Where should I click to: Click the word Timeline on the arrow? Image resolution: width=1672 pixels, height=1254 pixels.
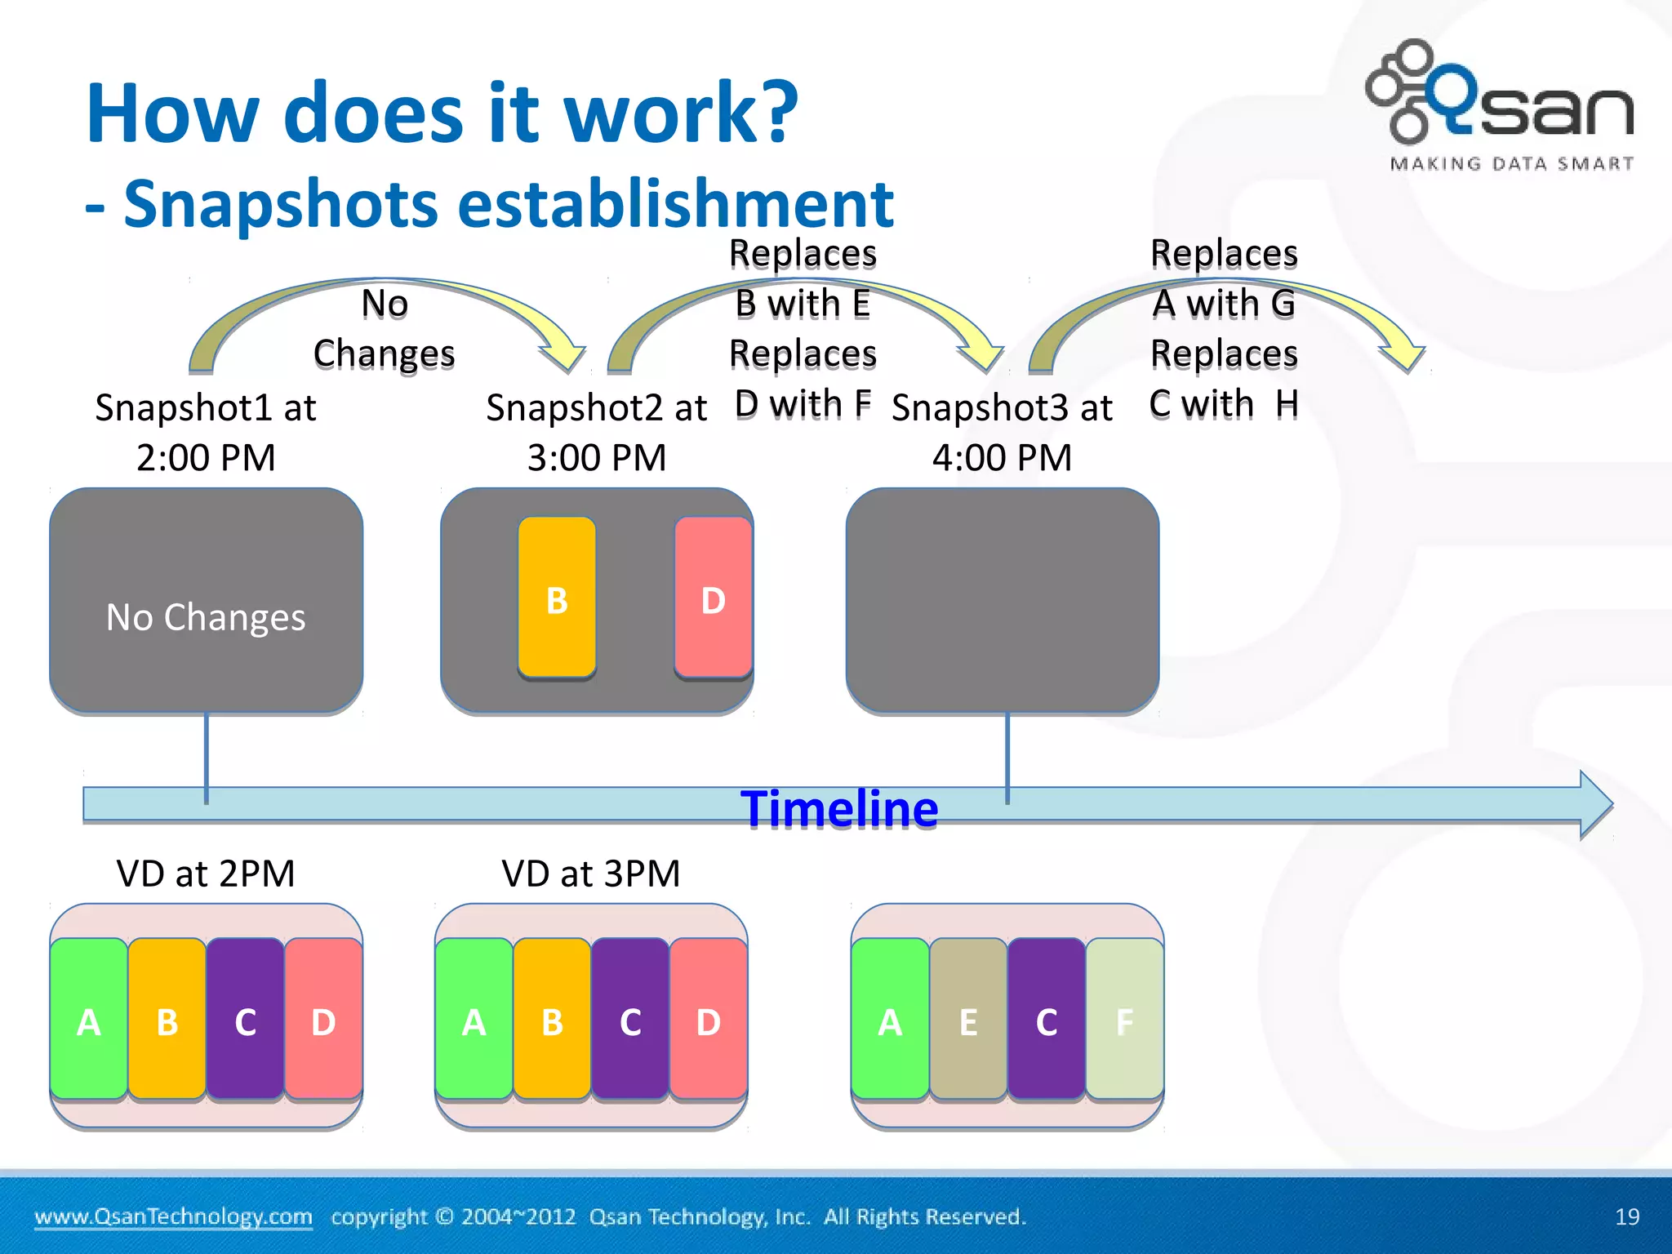839,809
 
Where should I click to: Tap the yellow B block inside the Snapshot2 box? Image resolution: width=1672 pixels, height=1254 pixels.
557,598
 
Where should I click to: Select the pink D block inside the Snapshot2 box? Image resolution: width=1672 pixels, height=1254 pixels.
713,598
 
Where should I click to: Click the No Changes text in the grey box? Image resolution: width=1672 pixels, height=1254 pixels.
206,617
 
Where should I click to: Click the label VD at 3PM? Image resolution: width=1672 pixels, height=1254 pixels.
590,874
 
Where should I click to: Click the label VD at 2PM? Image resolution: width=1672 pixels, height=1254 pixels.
205,874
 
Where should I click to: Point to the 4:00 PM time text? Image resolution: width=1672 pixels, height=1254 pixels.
1002,457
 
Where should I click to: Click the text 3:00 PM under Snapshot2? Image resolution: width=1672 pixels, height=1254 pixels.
597,457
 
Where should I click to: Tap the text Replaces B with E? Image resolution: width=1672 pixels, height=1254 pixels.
803,278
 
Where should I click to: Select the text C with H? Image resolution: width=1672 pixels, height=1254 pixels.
1223,403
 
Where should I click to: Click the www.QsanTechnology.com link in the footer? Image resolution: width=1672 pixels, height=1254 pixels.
173,1216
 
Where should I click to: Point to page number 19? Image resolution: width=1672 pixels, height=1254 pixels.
1626,1216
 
